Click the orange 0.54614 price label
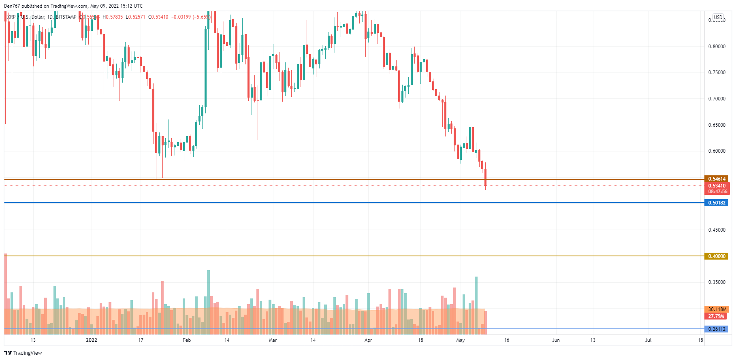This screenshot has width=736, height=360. click(717, 179)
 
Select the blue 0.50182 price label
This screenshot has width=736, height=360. click(717, 202)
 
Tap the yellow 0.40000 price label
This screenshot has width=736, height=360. click(717, 256)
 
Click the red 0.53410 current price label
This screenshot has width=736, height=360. click(717, 186)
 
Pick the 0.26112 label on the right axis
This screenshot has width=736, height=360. click(717, 329)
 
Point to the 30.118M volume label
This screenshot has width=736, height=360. click(717, 309)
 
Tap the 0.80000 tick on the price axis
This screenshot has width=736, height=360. click(717, 47)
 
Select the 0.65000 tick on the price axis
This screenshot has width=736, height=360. click(717, 125)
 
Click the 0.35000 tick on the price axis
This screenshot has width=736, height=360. click(717, 282)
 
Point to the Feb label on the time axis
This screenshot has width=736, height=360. click(187, 340)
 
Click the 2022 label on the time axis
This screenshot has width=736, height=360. click(92, 340)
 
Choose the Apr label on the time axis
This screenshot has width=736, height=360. click(368, 340)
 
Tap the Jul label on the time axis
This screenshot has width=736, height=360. click(648, 340)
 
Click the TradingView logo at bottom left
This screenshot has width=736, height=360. click(23, 353)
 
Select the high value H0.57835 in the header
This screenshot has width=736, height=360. click(113, 17)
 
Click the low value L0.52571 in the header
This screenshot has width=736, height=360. click(135, 17)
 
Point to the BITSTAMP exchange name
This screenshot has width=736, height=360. click(66, 17)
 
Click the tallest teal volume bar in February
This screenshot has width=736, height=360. click(208, 302)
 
